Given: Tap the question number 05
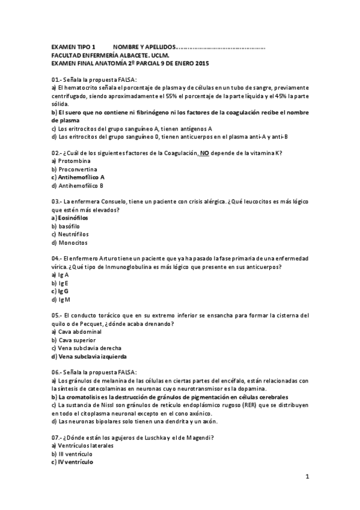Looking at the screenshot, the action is pyautogui.click(x=56, y=315).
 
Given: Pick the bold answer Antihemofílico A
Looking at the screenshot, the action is pyautogui.click(x=81, y=177).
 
